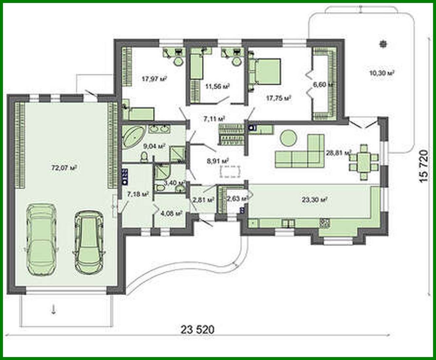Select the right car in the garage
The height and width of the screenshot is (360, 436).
tap(89, 242)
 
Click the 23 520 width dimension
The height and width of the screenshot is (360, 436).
tap(198, 329)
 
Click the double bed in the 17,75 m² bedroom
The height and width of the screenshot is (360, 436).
tap(267, 71)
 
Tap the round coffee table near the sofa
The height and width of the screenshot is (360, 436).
tap(289, 138)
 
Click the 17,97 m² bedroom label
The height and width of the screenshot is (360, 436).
tap(154, 79)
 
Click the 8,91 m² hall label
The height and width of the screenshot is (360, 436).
tap(217, 161)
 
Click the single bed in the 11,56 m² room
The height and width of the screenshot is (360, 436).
tap(197, 67)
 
